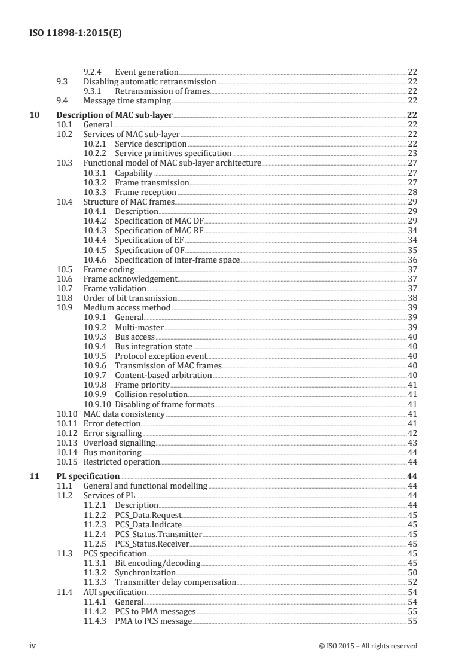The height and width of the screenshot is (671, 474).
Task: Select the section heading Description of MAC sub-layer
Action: point(114,115)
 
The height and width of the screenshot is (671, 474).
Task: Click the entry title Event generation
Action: point(146,72)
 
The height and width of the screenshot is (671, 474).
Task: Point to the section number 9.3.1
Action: point(94,91)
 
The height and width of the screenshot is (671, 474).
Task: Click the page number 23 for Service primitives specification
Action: point(412,153)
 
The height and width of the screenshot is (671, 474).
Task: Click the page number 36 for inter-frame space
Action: point(412,260)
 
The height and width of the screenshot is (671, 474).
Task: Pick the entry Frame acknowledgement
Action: point(130,279)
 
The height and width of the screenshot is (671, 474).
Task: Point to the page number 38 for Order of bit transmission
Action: point(412,298)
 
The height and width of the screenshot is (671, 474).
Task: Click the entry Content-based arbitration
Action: point(163,376)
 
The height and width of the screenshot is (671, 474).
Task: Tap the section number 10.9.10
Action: point(97,405)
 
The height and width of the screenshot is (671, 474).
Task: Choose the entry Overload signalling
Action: point(119,443)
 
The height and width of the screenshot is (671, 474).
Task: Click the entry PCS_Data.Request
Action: point(148,515)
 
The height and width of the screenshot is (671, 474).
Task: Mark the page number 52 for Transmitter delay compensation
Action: point(412,582)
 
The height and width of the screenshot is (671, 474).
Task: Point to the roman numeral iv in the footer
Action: point(33,645)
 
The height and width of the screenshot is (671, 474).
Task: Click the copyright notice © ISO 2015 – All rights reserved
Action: point(368,646)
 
